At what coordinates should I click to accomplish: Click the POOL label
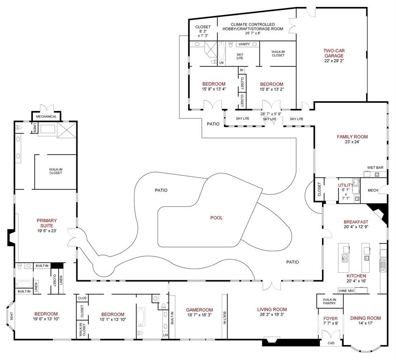click(217, 217)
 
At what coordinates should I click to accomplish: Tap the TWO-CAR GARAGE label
click(333, 53)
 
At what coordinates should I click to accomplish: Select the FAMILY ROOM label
click(352, 137)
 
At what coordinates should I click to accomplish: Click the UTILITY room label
click(346, 186)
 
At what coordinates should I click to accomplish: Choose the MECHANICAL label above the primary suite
click(46, 116)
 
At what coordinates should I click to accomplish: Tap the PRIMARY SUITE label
click(47, 223)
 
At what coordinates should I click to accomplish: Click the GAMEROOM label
click(199, 310)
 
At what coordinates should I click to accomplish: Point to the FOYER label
click(330, 318)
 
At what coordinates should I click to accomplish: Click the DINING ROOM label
click(365, 318)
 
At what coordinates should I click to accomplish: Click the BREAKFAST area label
click(356, 222)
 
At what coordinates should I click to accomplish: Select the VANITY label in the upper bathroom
click(244, 44)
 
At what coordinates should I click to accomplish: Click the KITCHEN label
click(356, 276)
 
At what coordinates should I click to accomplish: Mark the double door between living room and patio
click(272, 285)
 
